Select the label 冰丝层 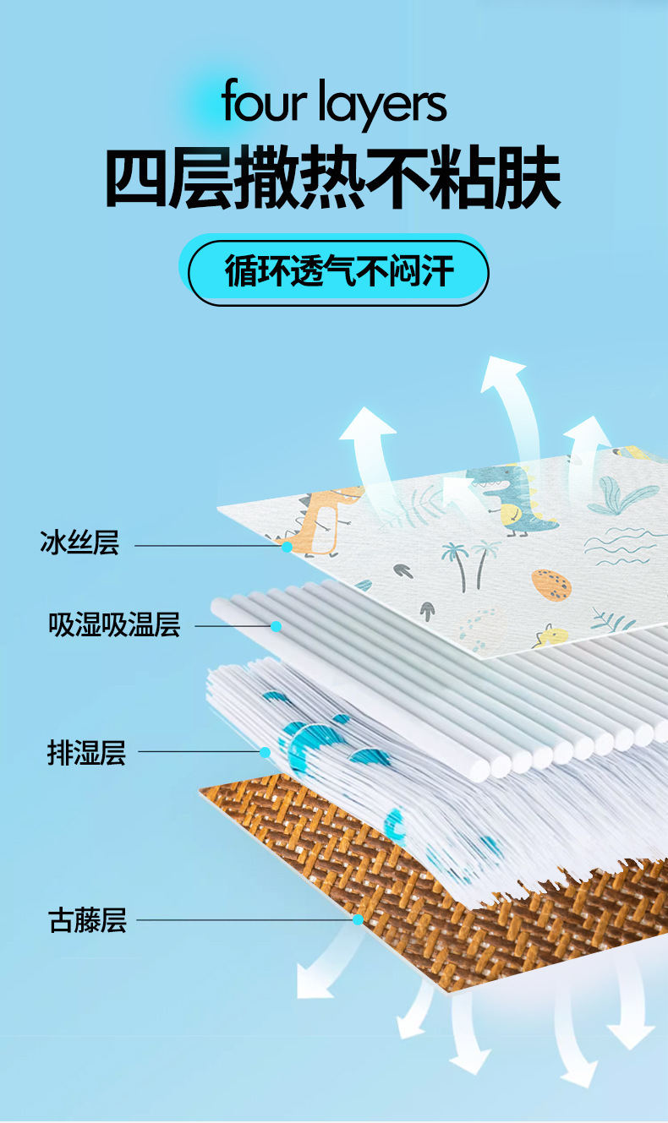(x=79, y=542)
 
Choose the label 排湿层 (x=86, y=751)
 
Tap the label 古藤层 (x=87, y=919)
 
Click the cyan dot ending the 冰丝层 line (x=287, y=547)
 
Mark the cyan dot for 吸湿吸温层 (x=276, y=626)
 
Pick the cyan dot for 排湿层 (x=265, y=752)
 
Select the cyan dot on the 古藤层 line (x=358, y=919)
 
